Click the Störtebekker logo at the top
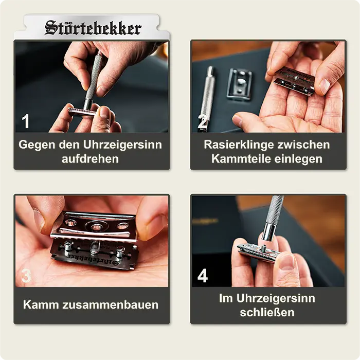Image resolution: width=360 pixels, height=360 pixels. [93, 28]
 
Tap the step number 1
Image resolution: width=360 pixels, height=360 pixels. [26, 121]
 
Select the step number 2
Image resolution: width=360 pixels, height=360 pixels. [202, 121]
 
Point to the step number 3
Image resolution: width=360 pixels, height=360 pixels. [26, 276]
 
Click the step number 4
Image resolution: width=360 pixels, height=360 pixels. [203, 276]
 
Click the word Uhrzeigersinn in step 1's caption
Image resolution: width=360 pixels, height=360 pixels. [122, 145]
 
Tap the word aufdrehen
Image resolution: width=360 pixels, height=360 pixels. [90, 159]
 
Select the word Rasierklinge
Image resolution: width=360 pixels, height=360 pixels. [239, 145]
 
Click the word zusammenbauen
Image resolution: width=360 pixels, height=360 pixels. [110, 305]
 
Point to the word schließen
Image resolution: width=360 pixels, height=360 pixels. [267, 313]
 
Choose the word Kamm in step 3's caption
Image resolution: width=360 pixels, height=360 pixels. [41, 305]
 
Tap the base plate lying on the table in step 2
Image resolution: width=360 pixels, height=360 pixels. [240, 83]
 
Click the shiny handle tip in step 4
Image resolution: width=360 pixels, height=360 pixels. [268, 232]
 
